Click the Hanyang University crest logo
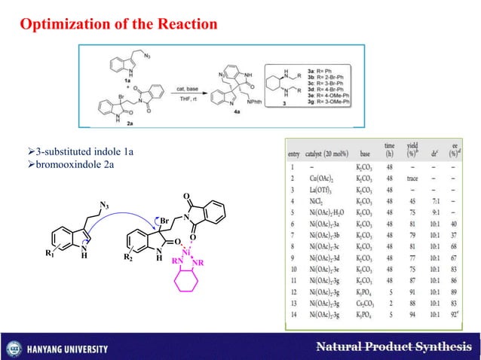[14, 349]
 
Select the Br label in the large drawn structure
[164, 219]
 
